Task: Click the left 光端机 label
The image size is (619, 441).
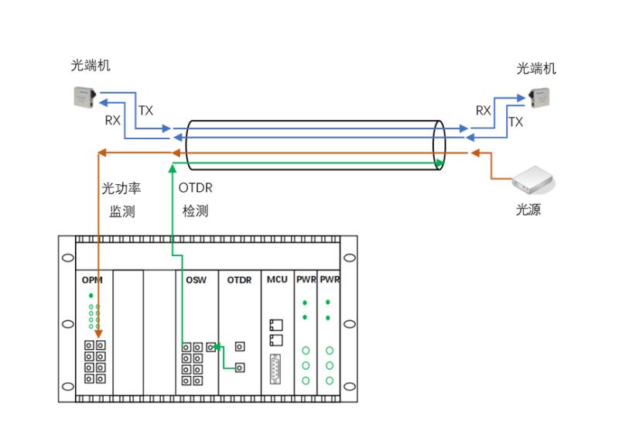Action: pyautogui.click(x=91, y=66)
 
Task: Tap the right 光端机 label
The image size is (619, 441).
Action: pyautogui.click(x=536, y=69)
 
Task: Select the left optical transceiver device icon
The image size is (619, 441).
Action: pyautogui.click(x=83, y=97)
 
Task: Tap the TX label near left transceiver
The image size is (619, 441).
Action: pyautogui.click(x=145, y=111)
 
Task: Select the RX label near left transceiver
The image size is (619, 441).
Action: pyautogui.click(x=113, y=121)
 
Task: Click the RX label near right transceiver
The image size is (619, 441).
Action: pyautogui.click(x=484, y=111)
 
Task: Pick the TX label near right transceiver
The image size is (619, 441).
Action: pyautogui.click(x=516, y=122)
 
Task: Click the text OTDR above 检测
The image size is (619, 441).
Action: pyautogui.click(x=195, y=188)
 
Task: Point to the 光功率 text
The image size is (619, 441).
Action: pyautogui.click(x=121, y=188)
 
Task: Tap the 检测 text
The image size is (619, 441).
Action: pyautogui.click(x=195, y=210)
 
